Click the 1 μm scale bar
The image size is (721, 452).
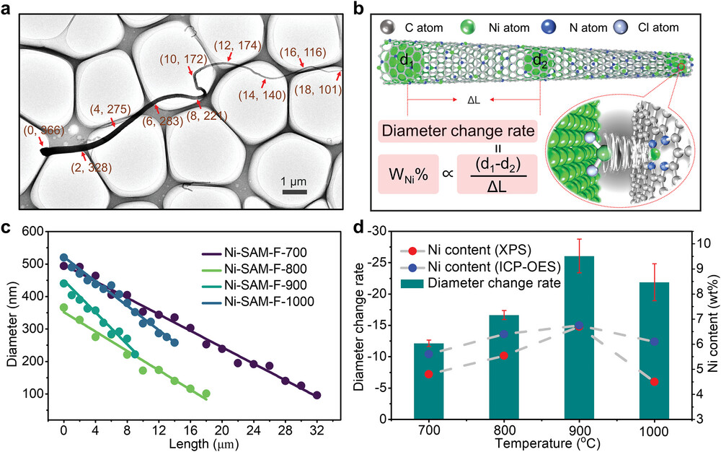tap(295, 191)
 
